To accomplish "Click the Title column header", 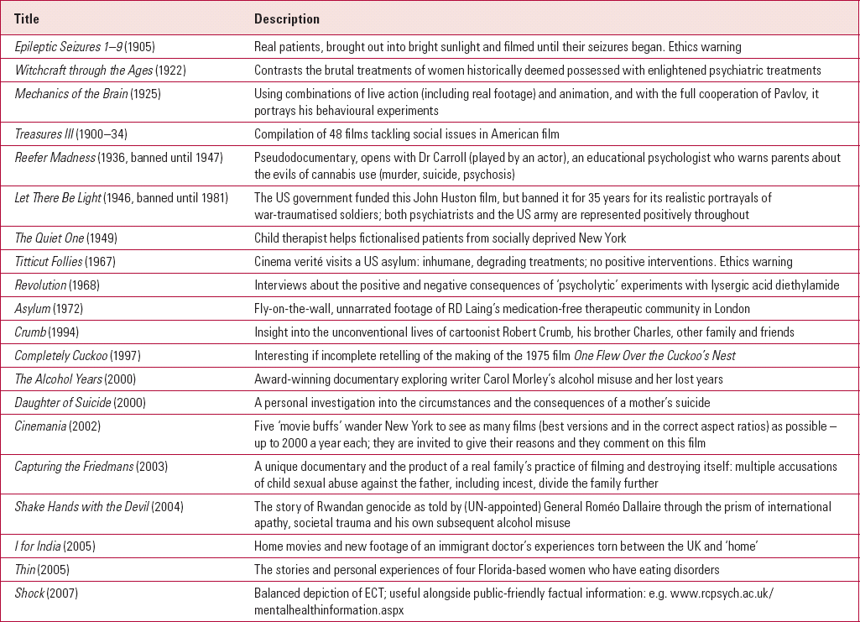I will pyautogui.click(x=27, y=18).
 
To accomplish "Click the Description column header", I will pyautogui.click(x=287, y=18).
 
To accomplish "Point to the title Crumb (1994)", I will pyautogui.click(x=47, y=332).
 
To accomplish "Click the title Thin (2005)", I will pyautogui.click(x=45, y=570).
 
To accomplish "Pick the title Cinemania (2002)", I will pyautogui.click(x=57, y=426).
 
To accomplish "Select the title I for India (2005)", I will pyautogui.click(x=55, y=546).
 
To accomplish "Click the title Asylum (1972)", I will pyautogui.click(x=49, y=309).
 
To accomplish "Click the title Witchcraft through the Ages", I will pyautogui.click(x=83, y=71).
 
